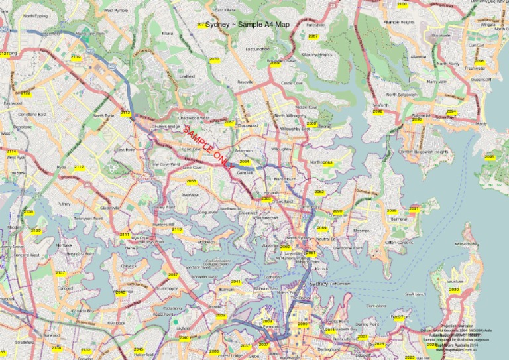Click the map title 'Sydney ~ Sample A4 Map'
point(247,25)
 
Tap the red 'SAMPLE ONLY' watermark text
point(207,146)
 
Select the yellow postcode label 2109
point(76,58)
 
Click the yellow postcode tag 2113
point(125,113)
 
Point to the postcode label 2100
point(402,5)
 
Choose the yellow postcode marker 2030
point(453,290)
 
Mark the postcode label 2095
point(490,157)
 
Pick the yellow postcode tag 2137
point(60,273)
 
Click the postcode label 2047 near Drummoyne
point(173,274)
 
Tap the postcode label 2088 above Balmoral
point(392,211)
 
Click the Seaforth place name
point(381,105)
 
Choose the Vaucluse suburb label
point(454,282)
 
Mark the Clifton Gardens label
point(398,243)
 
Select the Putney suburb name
point(64,204)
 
